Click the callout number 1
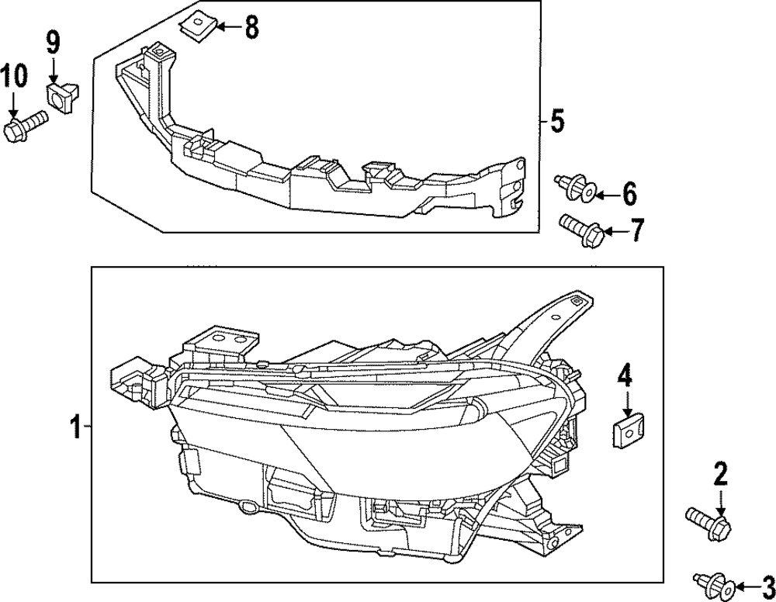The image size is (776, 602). [75, 427]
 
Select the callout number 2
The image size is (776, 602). [721, 474]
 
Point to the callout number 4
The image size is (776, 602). [625, 378]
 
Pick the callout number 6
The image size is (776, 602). [629, 192]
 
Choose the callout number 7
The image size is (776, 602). [636, 230]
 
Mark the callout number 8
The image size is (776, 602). [251, 27]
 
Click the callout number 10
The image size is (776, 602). [13, 77]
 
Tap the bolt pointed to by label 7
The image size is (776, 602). [582, 230]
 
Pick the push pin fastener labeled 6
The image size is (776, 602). [576, 188]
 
